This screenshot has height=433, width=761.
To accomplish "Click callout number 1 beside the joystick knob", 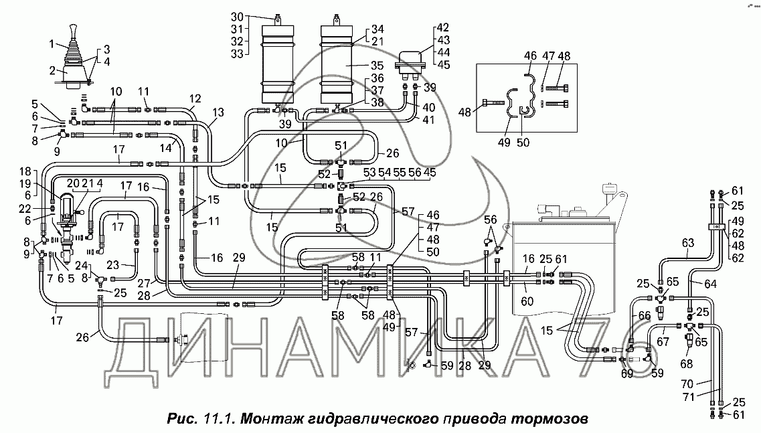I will [x=52, y=44].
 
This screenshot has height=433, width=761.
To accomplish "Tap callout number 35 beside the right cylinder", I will [x=377, y=66].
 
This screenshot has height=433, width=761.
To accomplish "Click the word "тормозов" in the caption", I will [x=551, y=420].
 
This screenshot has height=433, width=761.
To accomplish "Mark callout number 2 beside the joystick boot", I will [x=52, y=70].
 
